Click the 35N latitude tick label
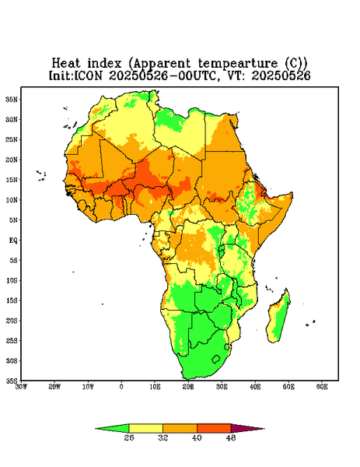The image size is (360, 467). coord(12,99)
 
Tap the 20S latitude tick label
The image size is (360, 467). coord(12,321)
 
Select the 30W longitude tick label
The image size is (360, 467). coord(21,387)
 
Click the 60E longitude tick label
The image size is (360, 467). coord(322,387)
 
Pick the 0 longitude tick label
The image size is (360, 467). coord(121,387)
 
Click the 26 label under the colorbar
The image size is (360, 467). coord(129,437)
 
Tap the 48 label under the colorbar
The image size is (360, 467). coord(231,437)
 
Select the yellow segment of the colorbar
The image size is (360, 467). coord(145,428)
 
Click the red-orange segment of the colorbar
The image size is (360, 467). coord(214,428)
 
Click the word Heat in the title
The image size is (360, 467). coord(66,64)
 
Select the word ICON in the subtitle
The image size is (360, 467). coord(88,75)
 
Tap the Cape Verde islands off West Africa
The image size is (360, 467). coord(41,176)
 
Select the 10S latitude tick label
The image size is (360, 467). coord(12,280)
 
